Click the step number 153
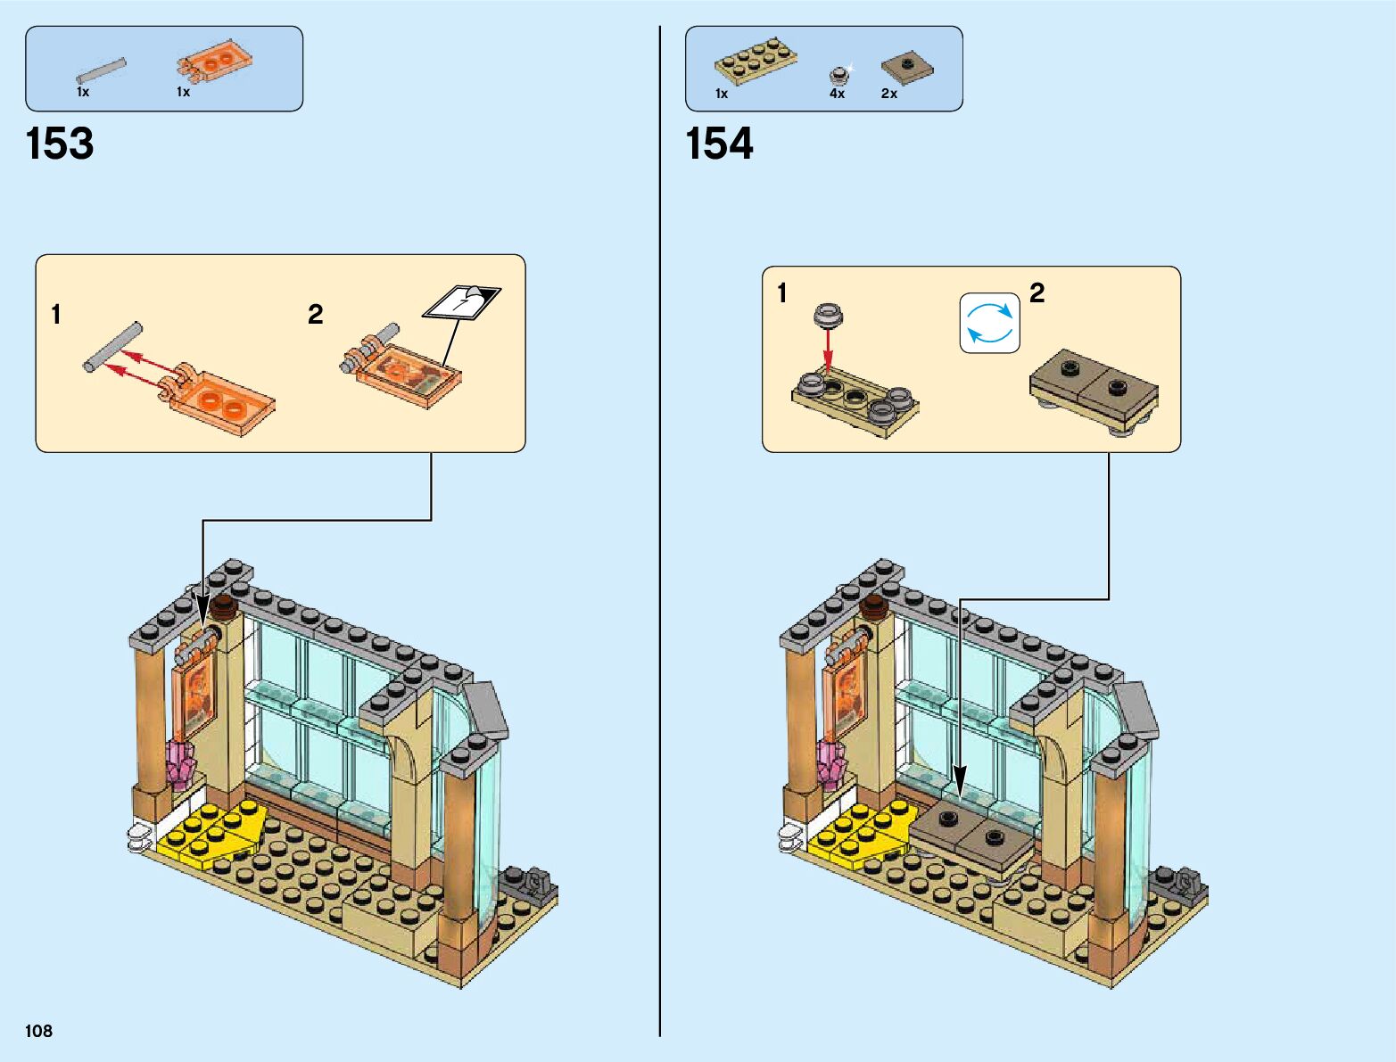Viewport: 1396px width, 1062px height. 60,144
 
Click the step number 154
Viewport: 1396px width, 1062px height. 719,144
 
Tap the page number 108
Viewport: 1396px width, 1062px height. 39,1031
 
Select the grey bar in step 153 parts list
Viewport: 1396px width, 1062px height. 102,71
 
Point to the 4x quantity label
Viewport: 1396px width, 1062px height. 837,94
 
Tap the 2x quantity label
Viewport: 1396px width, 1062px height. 889,94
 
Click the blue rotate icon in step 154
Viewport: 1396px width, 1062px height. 989,323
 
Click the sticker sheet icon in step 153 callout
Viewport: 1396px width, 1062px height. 462,301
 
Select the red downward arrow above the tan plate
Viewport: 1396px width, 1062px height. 828,350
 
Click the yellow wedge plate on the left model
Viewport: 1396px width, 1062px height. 214,834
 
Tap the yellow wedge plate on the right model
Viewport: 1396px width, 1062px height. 863,834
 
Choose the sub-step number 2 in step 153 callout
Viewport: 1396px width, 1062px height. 315,314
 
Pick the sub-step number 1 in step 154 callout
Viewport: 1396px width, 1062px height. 782,292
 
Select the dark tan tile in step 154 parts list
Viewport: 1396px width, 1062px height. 907,67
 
